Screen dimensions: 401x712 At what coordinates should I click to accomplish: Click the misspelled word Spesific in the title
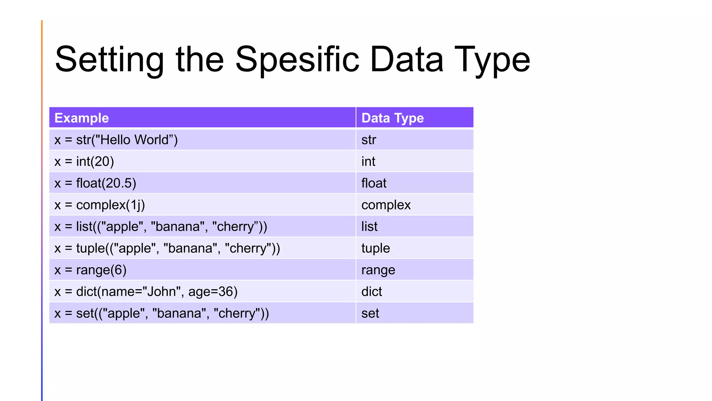click(x=297, y=60)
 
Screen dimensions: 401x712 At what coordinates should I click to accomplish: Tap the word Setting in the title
click(x=109, y=60)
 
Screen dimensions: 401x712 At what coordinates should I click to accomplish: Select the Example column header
click(x=82, y=118)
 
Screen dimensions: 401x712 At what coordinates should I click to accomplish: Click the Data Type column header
click(x=393, y=118)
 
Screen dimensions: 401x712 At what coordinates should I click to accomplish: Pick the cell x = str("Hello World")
click(x=116, y=140)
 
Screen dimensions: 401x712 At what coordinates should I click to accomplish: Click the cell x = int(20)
click(x=84, y=162)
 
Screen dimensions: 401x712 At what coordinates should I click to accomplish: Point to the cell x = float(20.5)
click(x=95, y=183)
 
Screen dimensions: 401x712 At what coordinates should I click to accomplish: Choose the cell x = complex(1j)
click(x=100, y=205)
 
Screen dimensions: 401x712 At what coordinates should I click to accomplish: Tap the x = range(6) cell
click(x=90, y=270)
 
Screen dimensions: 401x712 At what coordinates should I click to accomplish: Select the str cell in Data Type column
click(x=369, y=140)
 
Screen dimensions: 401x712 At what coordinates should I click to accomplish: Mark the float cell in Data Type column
click(x=374, y=183)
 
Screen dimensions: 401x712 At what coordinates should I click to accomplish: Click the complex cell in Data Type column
click(x=386, y=205)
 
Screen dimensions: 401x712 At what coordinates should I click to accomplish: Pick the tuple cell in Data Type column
click(x=375, y=249)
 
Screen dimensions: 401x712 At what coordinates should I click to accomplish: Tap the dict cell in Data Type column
click(x=372, y=292)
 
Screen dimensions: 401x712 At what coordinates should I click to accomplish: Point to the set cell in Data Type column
click(x=370, y=313)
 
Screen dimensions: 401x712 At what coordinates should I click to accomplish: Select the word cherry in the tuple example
click(x=248, y=249)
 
